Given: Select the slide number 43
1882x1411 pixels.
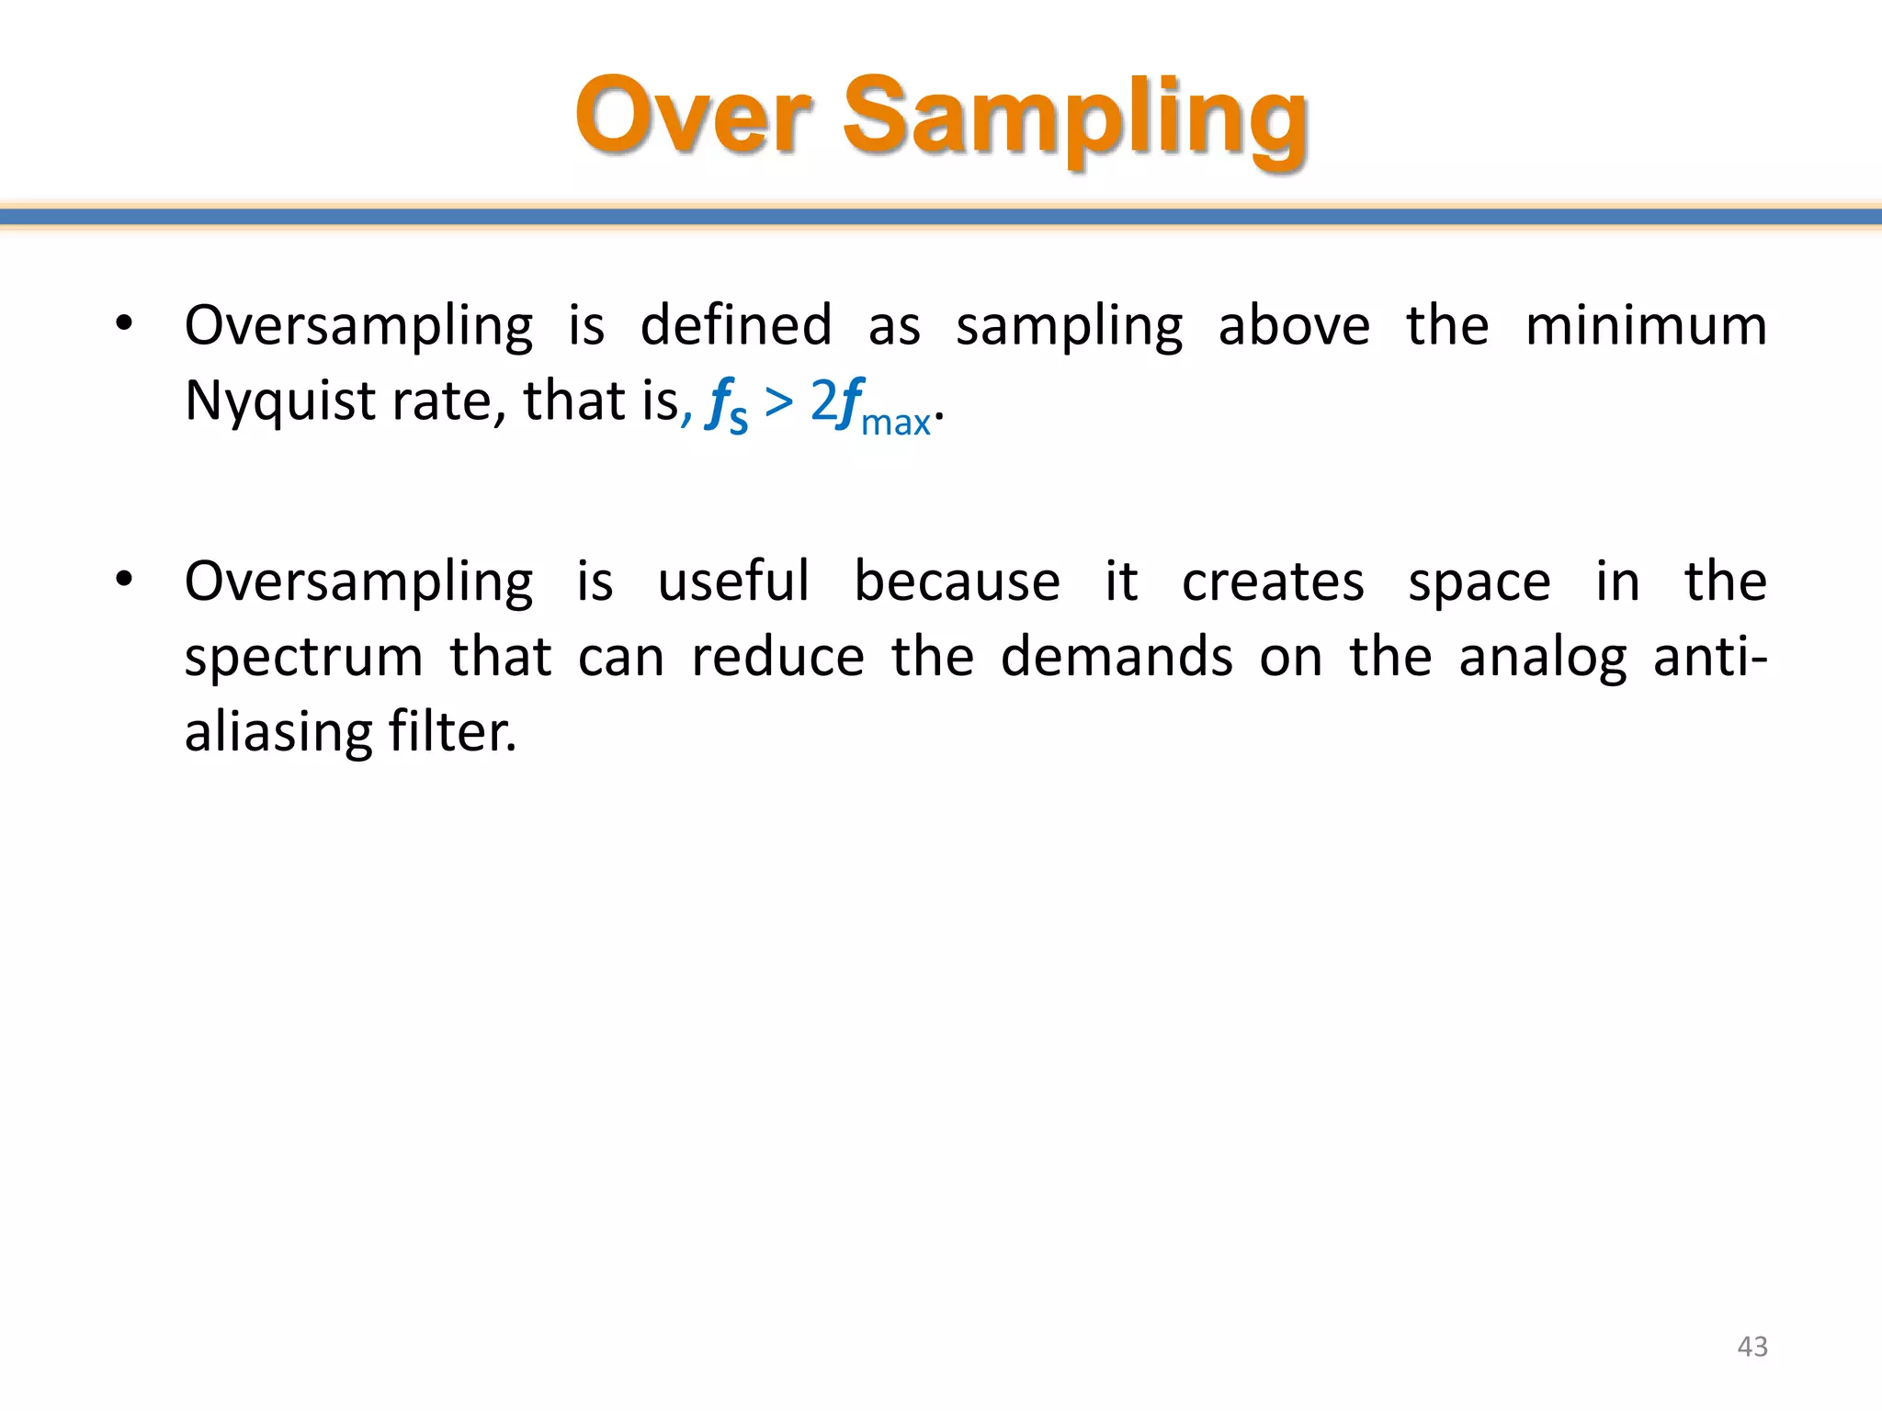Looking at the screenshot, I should [x=1752, y=1347].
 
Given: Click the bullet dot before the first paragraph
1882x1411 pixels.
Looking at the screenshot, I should [x=124, y=323].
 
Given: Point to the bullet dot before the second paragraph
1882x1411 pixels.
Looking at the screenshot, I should [x=124, y=580].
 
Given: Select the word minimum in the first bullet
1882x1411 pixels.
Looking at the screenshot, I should [x=1646, y=326].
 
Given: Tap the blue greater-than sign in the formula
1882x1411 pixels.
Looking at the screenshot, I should [x=778, y=401].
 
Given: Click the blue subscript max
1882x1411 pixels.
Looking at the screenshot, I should [x=896, y=423].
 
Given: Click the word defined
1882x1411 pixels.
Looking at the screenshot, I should [x=736, y=326].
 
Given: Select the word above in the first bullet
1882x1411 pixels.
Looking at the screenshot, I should [x=1294, y=326].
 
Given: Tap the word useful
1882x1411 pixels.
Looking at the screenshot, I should [x=733, y=581].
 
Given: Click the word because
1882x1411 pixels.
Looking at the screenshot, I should [x=957, y=581].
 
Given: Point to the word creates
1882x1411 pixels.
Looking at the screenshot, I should [x=1273, y=582].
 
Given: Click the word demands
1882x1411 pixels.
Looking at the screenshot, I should [x=1117, y=658].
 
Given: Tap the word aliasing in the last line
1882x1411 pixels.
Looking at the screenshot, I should [x=278, y=733].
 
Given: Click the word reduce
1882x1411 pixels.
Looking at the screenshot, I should [x=777, y=658].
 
